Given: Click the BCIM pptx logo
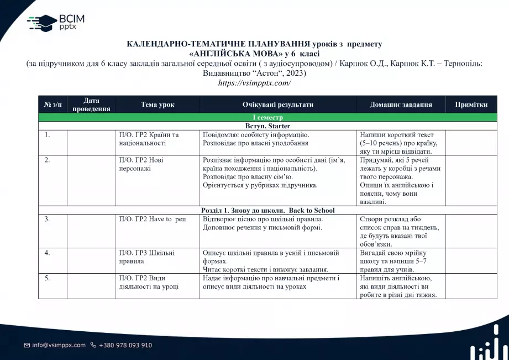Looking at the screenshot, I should [56, 22].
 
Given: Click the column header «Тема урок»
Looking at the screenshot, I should [158, 105].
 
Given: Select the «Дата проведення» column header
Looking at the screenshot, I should [91, 105].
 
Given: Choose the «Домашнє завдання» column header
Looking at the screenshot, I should [401, 105].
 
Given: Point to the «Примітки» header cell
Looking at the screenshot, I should [471, 105].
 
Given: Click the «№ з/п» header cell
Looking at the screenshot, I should [53, 105].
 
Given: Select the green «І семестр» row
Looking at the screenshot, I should [267, 118].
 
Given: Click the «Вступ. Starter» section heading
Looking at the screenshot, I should [267, 126].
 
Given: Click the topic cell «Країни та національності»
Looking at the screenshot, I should [149, 139].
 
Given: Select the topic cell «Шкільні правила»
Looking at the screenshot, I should [146, 257].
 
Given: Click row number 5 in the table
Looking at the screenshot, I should [48, 278].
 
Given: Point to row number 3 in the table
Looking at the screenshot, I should [48, 219].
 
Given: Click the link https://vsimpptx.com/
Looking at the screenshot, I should [254, 83].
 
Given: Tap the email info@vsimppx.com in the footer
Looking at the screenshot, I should [59, 345].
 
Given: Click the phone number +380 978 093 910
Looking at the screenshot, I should [125, 345].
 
